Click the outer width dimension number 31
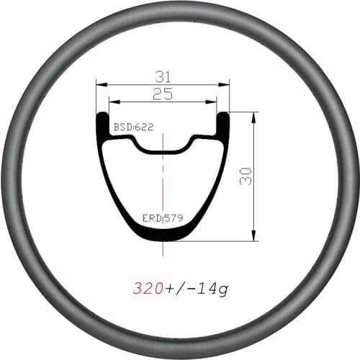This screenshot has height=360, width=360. coord(163,76)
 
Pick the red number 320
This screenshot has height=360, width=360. coord(148,289)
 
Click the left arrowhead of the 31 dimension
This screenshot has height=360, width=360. coord(99,84)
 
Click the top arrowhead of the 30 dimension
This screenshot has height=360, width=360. coord(254,115)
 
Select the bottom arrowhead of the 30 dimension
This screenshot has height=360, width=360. coord(254,238)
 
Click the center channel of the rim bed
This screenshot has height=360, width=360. coord(163,149)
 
